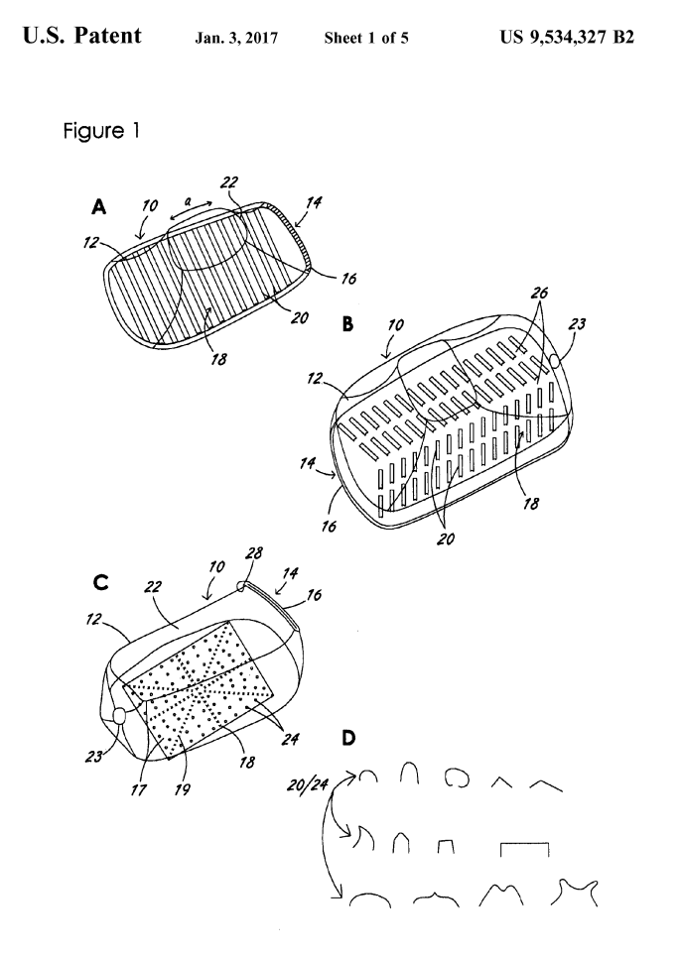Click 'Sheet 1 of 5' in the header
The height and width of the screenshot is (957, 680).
pyautogui.click(x=366, y=41)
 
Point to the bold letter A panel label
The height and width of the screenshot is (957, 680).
pyautogui.click(x=98, y=207)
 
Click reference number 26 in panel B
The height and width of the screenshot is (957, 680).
pyautogui.click(x=539, y=294)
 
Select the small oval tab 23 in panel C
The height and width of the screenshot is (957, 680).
pyautogui.click(x=120, y=715)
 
